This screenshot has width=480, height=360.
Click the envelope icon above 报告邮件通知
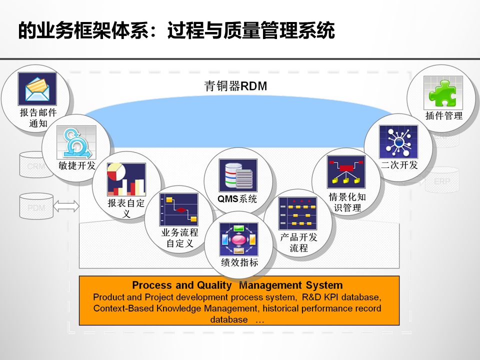37,89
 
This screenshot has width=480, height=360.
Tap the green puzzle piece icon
443,92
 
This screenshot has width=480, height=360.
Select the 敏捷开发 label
77,166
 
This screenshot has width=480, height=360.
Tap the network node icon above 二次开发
398,141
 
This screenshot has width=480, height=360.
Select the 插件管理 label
443,116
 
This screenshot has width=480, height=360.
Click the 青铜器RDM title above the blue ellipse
235,86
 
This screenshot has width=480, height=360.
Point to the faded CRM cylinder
35,165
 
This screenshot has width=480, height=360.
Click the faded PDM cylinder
35,206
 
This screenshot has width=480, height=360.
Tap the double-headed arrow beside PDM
66,205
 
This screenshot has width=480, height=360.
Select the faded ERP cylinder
441,181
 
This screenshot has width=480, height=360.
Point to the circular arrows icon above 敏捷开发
76,142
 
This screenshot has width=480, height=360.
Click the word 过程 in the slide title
181,30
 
